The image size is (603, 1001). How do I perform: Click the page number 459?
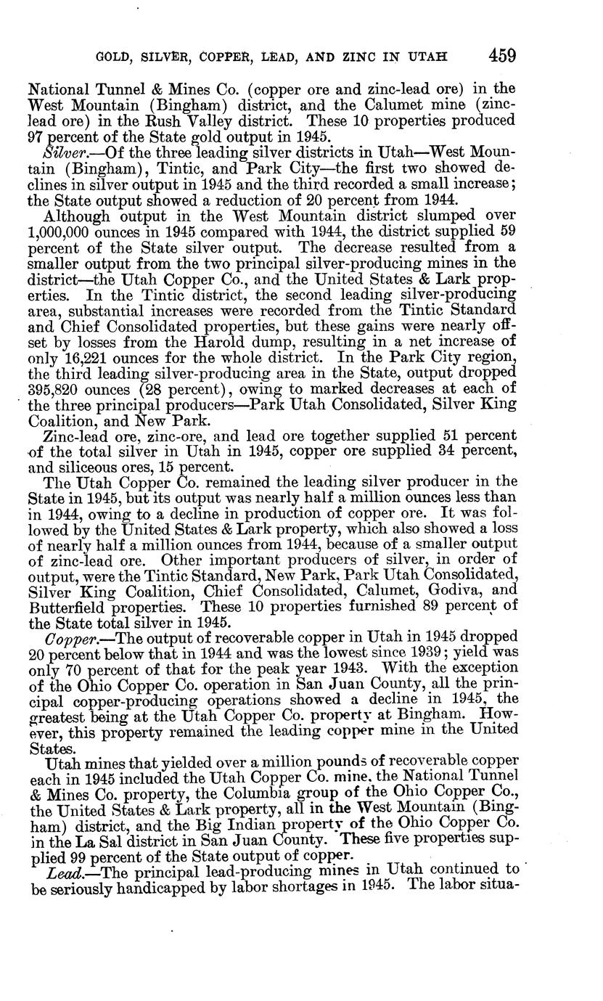pyautogui.click(x=502, y=56)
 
